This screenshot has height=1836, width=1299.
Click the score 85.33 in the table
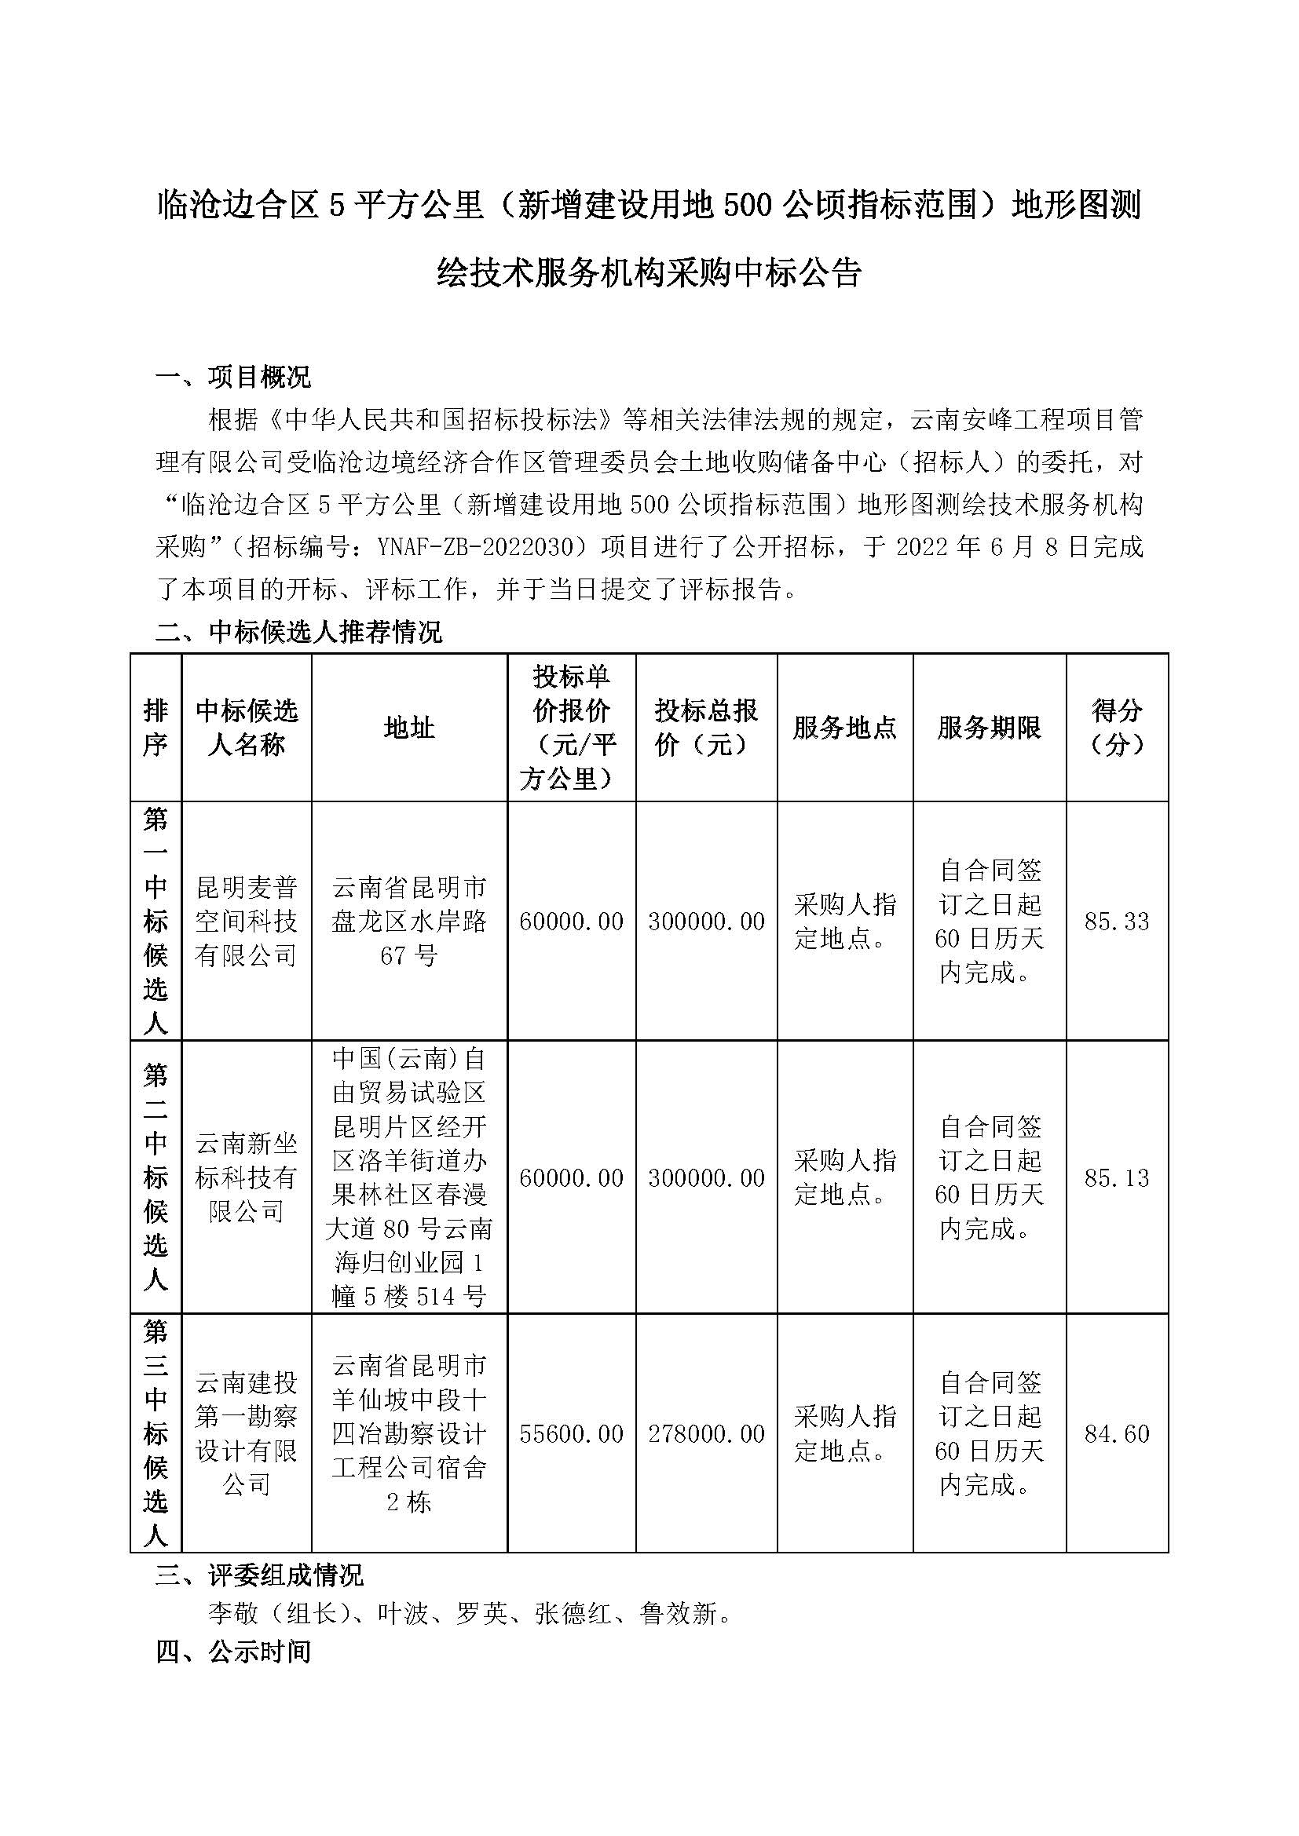click(1117, 922)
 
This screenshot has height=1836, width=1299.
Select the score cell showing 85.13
click(1117, 1177)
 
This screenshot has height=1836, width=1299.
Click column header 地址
click(408, 728)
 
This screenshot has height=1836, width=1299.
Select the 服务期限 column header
click(990, 728)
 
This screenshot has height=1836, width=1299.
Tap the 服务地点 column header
click(845, 728)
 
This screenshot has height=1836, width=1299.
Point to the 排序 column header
click(156, 728)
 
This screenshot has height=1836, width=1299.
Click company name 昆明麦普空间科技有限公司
click(247, 922)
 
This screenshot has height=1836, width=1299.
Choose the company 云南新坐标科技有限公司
click(247, 1177)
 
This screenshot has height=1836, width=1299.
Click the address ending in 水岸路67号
click(408, 922)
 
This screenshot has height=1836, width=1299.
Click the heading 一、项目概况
click(232, 377)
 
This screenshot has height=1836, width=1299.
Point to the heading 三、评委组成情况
click(259, 1575)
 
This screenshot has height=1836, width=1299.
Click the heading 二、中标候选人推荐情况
click(298, 632)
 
